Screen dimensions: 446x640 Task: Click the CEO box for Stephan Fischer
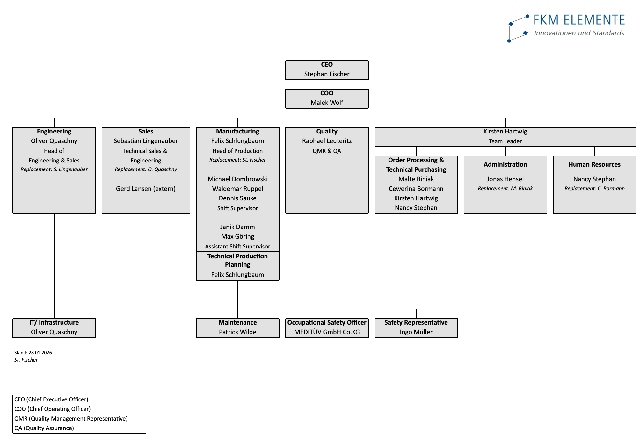(327, 70)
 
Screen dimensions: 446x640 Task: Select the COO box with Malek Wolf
(327, 98)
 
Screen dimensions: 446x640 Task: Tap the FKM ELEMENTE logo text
(579, 20)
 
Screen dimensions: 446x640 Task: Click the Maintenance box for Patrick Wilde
(237, 328)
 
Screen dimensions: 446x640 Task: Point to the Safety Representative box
(416, 328)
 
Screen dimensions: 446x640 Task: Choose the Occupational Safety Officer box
(327, 328)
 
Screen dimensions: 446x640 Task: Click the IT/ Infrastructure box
(54, 328)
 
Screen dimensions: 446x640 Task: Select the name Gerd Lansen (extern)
(146, 189)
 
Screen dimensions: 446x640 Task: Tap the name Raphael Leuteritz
(327, 141)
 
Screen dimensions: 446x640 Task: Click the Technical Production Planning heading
(237, 260)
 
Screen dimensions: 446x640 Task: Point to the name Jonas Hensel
(505, 179)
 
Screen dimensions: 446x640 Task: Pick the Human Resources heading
(594, 164)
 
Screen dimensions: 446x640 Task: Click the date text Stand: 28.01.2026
(33, 353)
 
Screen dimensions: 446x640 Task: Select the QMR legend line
(71, 419)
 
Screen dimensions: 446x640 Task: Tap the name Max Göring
(237, 236)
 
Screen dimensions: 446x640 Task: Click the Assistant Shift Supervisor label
(237, 246)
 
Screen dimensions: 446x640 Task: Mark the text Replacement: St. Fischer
(237, 160)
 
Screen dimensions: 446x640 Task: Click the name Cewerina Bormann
(416, 189)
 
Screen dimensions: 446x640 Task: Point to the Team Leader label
(505, 141)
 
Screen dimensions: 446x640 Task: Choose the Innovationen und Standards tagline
(579, 33)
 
